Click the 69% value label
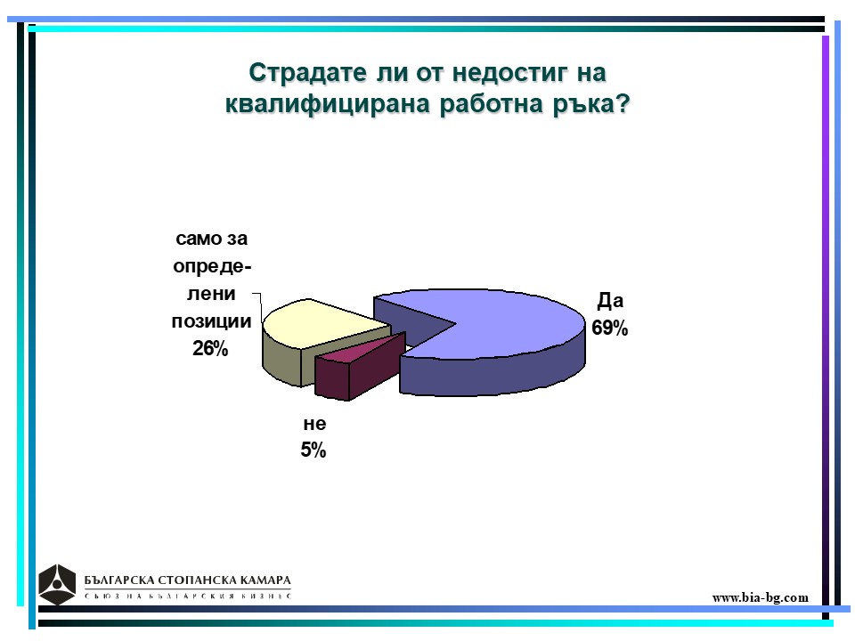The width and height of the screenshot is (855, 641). tap(609, 329)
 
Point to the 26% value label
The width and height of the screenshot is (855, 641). tap(210, 348)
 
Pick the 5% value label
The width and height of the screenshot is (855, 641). tap(313, 450)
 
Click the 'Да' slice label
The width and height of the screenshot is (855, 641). tap(610, 300)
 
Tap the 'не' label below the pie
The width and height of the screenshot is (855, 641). tap(314, 424)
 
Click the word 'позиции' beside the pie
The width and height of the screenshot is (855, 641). tap(212, 321)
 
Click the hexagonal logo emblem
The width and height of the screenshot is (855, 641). tap(57, 585)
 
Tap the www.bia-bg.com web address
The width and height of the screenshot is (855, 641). tap(760, 598)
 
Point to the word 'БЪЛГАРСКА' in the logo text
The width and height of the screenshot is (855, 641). tap(117, 580)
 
